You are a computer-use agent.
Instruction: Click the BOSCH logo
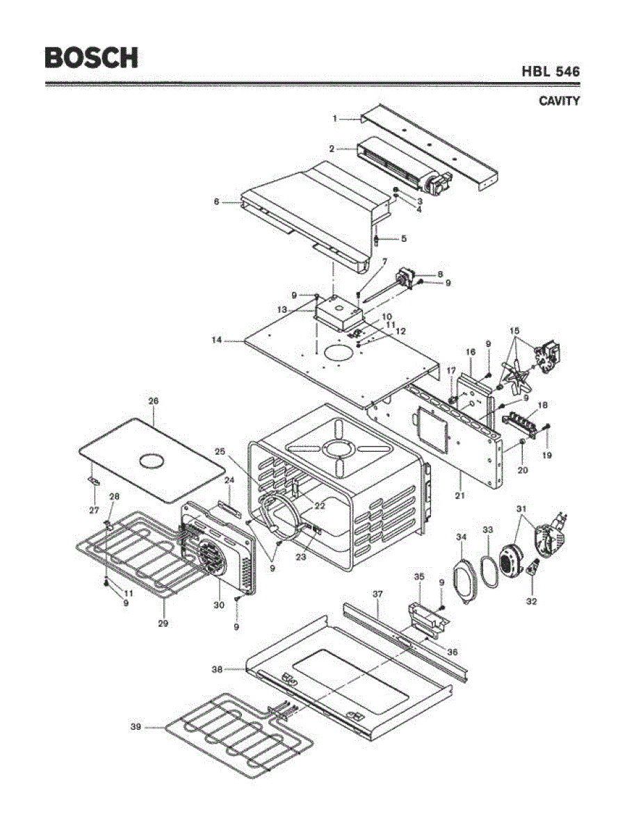(91, 57)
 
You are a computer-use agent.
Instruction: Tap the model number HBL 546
(551, 72)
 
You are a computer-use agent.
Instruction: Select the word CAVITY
(559, 101)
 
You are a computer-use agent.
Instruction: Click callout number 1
(334, 119)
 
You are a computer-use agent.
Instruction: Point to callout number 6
(216, 202)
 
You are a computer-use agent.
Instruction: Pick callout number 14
(218, 341)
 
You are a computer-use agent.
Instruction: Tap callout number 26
(154, 401)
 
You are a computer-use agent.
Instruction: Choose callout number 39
(136, 727)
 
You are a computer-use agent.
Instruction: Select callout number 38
(217, 670)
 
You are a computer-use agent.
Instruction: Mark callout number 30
(218, 605)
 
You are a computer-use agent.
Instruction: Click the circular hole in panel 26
(152, 459)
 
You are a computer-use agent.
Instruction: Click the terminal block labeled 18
(524, 420)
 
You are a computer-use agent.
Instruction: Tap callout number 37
(377, 594)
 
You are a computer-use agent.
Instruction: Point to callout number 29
(163, 623)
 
